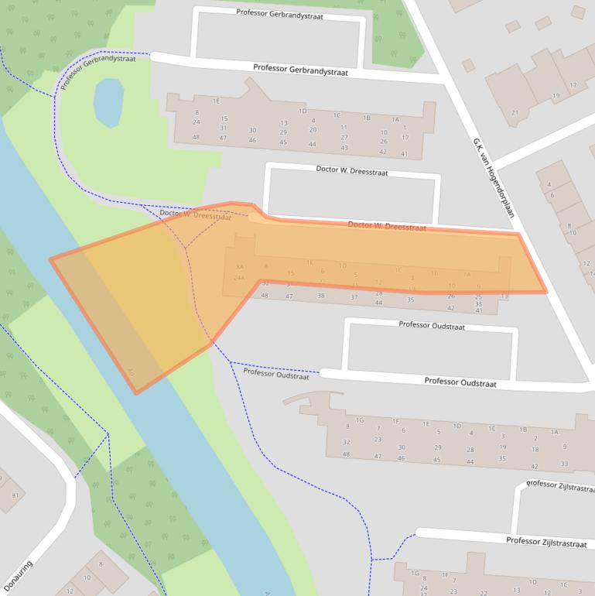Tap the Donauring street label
[19, 577]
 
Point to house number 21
[515, 113]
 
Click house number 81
[15, 495]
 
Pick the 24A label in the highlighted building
[239, 277]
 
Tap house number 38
[321, 296]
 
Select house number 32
[346, 442]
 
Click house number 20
[313, 130]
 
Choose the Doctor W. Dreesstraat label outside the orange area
[351, 169]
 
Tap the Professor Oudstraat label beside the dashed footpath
[275, 374]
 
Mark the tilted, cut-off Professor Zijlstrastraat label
[560, 485]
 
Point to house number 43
[344, 148]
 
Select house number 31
[223, 128]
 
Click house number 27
[344, 137]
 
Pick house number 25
[478, 296]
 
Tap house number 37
[354, 296]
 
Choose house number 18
[534, 449]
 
